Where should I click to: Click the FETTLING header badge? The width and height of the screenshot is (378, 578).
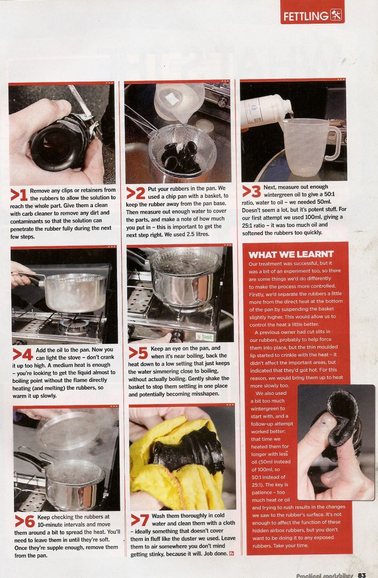(313, 13)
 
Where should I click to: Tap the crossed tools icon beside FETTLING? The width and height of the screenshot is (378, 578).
(336, 15)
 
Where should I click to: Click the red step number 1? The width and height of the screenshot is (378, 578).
(19, 195)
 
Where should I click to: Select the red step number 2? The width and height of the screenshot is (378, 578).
(135, 193)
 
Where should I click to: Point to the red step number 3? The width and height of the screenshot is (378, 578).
(251, 192)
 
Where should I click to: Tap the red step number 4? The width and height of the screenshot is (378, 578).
(23, 355)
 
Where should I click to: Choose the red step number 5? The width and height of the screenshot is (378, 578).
(138, 353)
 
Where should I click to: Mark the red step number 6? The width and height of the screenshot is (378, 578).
(25, 521)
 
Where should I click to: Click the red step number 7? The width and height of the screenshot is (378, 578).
(140, 520)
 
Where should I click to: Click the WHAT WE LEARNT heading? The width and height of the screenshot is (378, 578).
(291, 255)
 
